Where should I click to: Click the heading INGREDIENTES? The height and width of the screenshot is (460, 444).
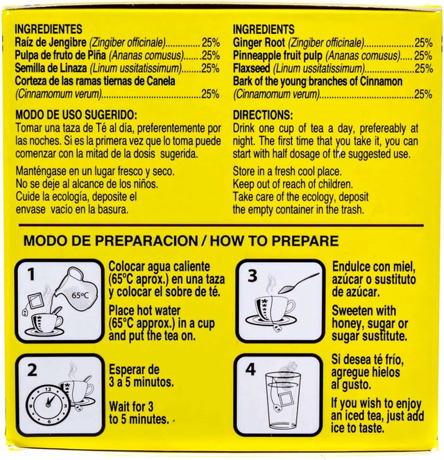coord(49,29)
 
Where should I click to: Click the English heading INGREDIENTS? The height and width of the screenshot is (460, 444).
coord(264,30)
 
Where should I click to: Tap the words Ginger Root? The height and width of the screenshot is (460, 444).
coord(259,43)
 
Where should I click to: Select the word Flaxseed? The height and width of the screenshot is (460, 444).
coord(251,69)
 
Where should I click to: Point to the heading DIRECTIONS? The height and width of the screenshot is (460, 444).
coord(263,115)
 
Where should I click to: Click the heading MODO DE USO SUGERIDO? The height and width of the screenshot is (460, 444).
coord(76,114)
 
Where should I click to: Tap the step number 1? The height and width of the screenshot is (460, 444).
coord(31,275)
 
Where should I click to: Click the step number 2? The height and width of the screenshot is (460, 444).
coord(32,370)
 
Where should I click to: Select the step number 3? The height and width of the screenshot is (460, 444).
coord(253,275)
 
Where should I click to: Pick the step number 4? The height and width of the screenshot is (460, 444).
coord(250,370)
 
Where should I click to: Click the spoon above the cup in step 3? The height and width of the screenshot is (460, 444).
coord(298,283)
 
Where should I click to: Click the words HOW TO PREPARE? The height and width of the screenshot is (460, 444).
coord(274,241)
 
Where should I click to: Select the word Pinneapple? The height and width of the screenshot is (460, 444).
coord(262,56)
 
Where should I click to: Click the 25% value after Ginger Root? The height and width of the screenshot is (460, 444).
coord(423,43)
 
